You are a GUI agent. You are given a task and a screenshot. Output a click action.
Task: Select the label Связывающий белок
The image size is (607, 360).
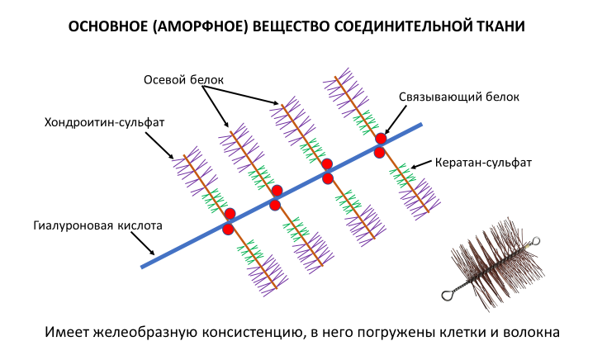coord(459,97)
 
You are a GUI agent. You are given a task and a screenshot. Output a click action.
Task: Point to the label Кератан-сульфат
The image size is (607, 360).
coord(483,163)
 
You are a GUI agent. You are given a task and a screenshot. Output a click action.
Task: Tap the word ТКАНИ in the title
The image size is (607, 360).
coord(499,27)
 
